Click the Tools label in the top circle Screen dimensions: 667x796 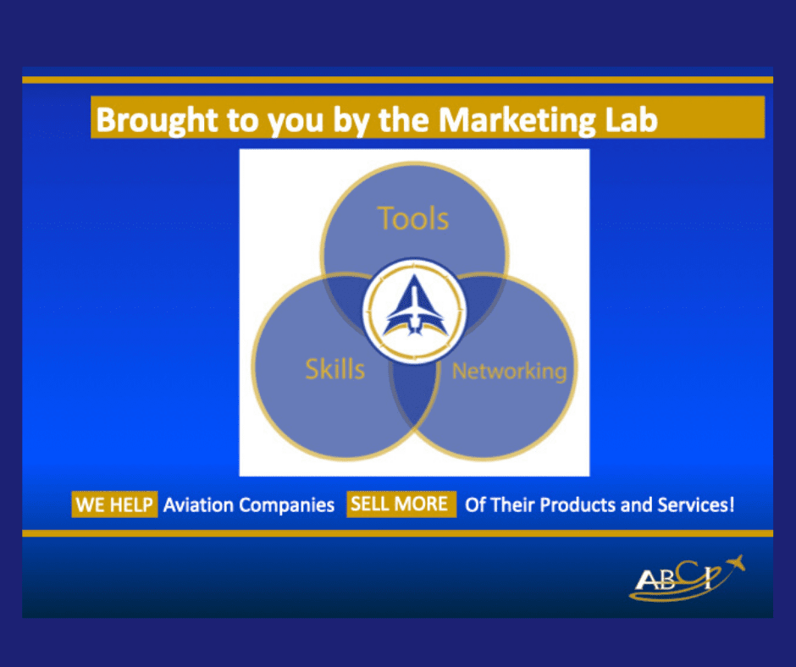point(413,218)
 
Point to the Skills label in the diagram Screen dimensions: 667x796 point(334,368)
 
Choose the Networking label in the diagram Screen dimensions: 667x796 point(509,371)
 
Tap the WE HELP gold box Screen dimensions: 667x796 point(114,505)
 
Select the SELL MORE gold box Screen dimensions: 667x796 point(399,504)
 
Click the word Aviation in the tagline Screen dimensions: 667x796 point(198,505)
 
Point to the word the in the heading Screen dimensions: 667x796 point(405,119)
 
